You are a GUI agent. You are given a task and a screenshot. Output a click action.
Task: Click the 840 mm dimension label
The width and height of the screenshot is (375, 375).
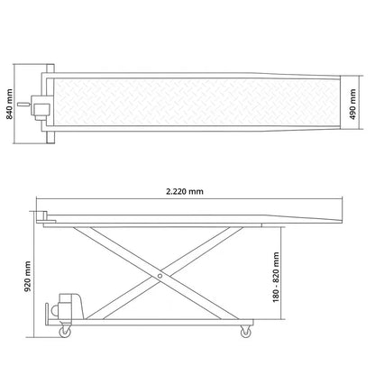[10, 104]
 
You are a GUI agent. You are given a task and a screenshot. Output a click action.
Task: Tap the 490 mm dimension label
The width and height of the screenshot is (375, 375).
[352, 104]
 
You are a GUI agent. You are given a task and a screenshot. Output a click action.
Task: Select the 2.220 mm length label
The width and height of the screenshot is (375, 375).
[185, 191]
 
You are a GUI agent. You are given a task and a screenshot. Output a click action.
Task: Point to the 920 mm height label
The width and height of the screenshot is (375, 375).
[28, 277]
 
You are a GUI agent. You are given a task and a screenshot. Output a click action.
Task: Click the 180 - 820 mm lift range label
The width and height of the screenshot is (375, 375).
[276, 277]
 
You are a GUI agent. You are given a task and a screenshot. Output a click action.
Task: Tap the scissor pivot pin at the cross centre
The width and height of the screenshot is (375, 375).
[160, 276]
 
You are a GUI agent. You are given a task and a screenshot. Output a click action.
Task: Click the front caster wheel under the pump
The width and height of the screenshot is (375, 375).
[65, 332]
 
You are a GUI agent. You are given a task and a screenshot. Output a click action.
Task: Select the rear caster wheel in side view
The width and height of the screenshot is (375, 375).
[246, 332]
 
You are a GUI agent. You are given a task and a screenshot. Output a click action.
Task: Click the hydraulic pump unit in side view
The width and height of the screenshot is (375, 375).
[69, 306]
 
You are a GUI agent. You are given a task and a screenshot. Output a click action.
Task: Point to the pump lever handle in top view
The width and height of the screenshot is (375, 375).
[23, 105]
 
